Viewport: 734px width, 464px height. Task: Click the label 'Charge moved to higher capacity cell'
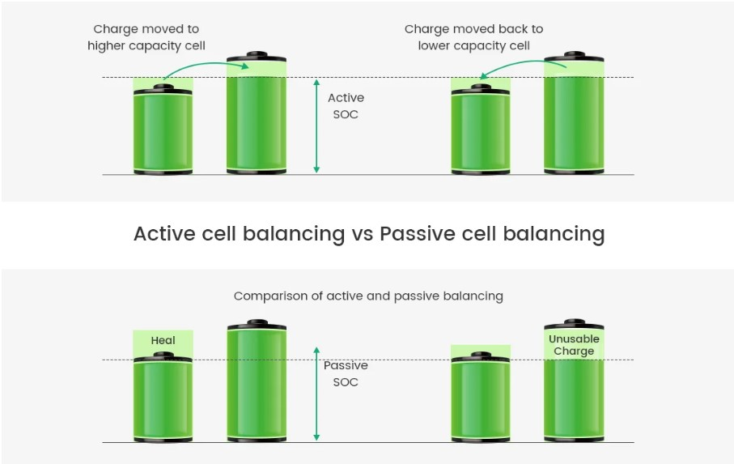[x=146, y=37]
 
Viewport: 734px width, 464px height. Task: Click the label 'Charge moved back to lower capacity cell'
[x=473, y=37]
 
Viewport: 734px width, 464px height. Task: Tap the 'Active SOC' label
[x=346, y=106]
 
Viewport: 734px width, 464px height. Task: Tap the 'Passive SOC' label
[x=346, y=373]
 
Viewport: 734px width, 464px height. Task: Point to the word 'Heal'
[x=163, y=341]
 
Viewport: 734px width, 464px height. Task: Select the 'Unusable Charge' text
[x=574, y=345]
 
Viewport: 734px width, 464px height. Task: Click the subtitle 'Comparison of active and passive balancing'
[x=368, y=296]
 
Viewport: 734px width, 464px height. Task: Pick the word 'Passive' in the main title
[x=418, y=234]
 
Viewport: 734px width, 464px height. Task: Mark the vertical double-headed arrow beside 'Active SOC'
[x=316, y=126]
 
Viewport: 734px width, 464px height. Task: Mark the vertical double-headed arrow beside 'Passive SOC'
[x=316, y=394]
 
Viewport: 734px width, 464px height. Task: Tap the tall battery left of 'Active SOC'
[x=257, y=117]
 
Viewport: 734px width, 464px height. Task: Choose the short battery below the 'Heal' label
[x=163, y=401]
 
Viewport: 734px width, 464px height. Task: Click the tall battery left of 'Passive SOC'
[x=257, y=385]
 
